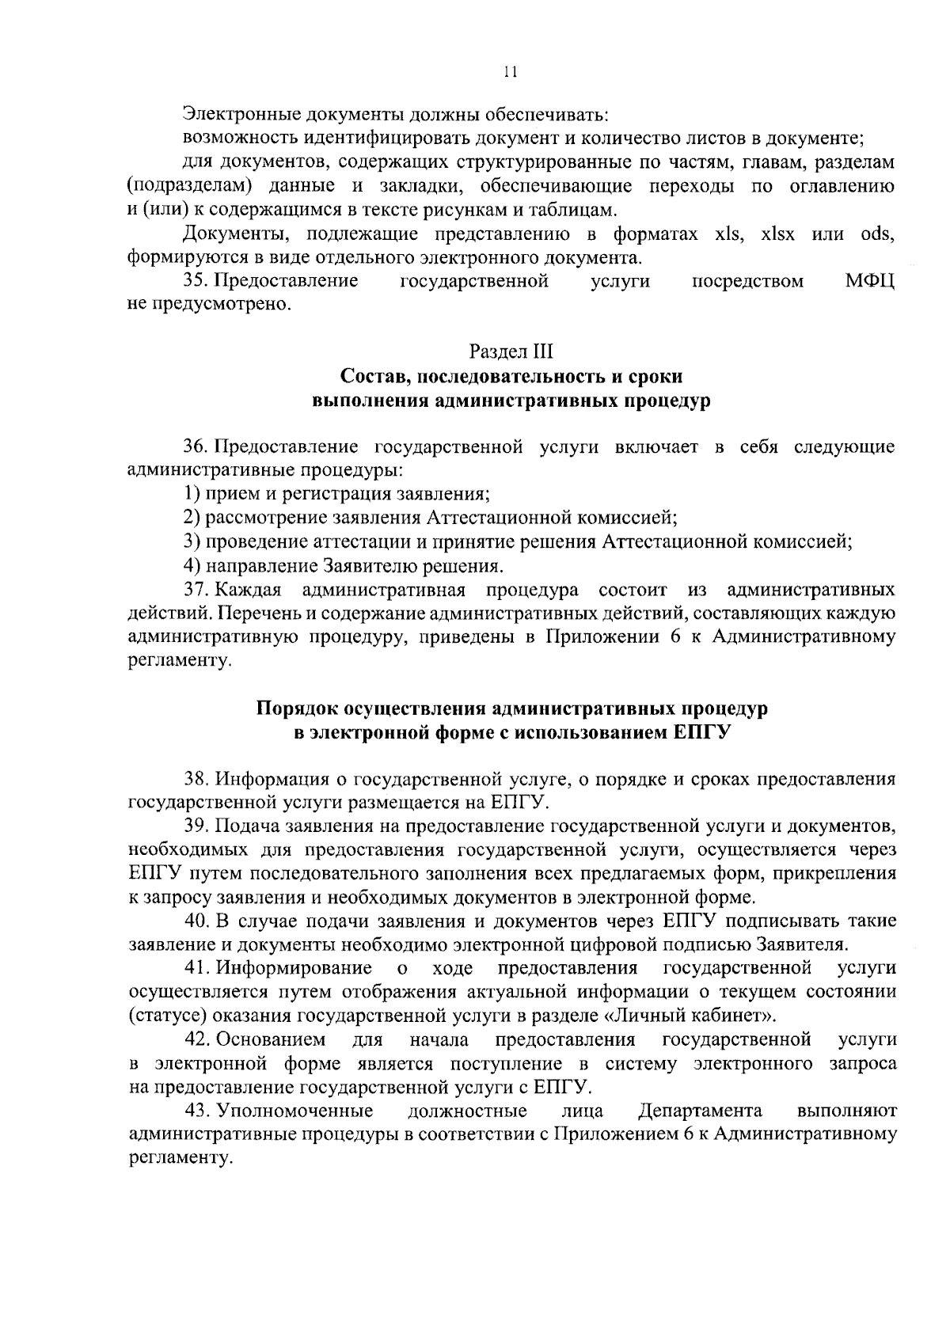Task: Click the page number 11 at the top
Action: click(x=510, y=73)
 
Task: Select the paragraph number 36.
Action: click(x=195, y=447)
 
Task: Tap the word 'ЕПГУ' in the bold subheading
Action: click(x=700, y=732)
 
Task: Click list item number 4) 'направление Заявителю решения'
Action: click(x=190, y=566)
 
